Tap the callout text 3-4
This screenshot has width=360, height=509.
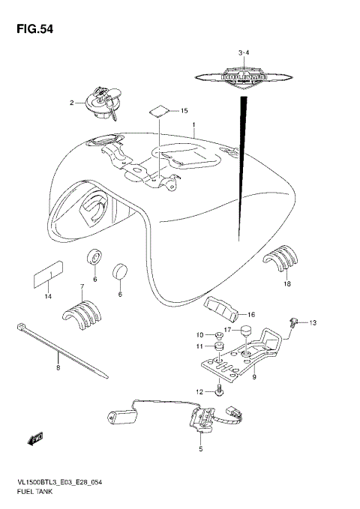242,52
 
